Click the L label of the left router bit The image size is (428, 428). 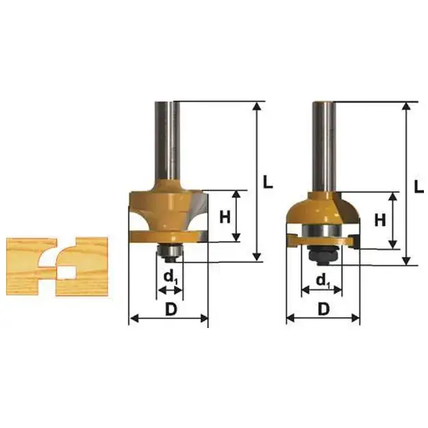(268, 181)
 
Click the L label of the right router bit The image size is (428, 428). (419, 186)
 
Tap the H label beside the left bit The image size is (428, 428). (225, 218)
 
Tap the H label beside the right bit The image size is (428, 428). (380, 220)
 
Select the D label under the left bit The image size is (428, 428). (171, 310)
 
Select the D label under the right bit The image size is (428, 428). (324, 310)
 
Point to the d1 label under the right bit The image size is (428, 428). (323, 281)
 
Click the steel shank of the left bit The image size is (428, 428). (167, 140)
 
